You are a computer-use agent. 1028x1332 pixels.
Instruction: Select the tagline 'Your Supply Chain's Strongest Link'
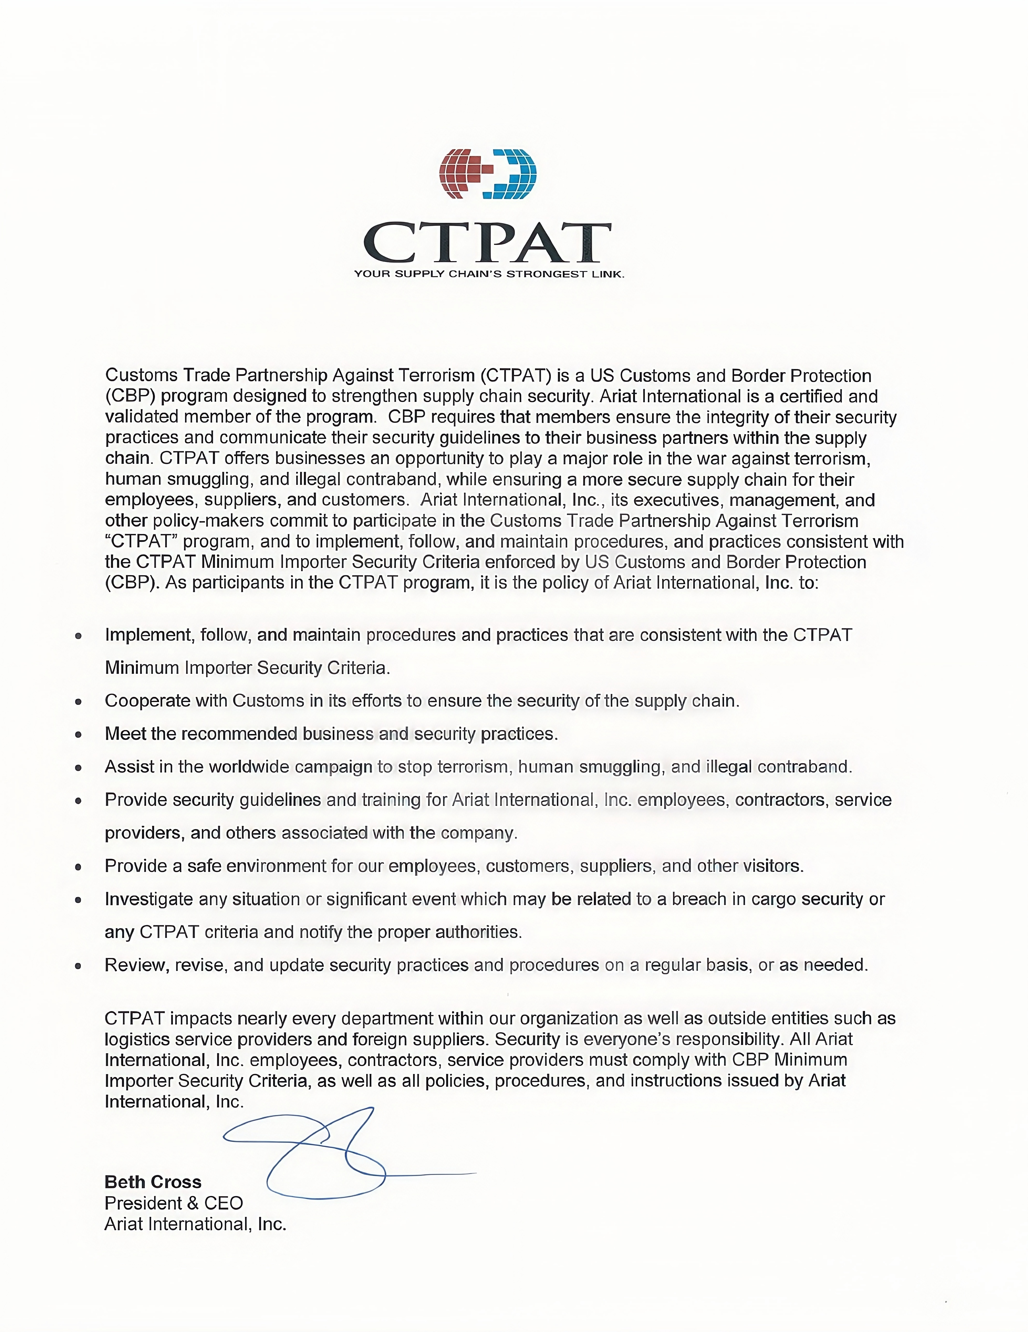489,274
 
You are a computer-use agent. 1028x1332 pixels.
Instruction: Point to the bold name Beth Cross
152,1182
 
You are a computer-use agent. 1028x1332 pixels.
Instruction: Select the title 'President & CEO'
173,1203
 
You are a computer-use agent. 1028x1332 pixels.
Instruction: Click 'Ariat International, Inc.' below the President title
195,1224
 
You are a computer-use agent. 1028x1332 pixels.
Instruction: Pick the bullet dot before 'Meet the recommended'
78,734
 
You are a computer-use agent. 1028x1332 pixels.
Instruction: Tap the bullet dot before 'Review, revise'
78,966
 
